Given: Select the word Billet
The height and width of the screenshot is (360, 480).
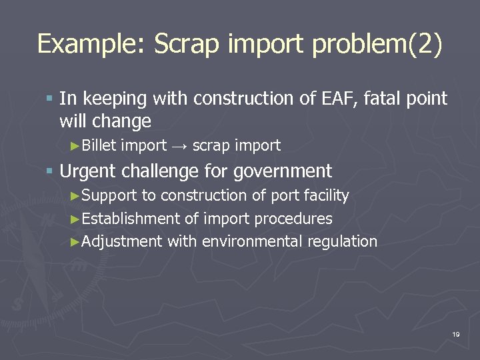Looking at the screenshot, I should tap(99, 145).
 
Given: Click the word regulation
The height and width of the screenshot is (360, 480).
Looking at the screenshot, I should tap(342, 241).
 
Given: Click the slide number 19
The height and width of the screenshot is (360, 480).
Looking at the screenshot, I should tap(456, 334).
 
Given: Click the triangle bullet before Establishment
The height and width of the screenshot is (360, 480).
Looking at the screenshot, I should tap(75, 219).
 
